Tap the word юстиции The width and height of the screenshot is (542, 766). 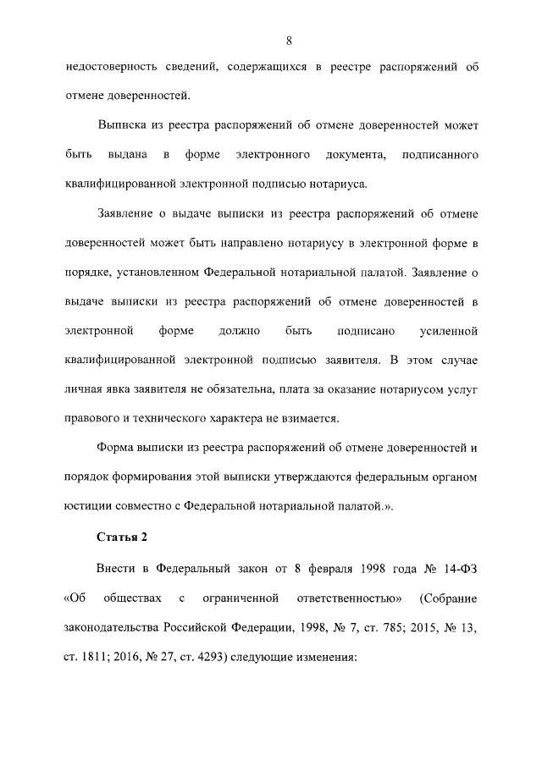[x=88, y=507]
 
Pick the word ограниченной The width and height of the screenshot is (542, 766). [x=241, y=599]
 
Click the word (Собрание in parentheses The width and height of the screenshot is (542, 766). [x=449, y=599]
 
